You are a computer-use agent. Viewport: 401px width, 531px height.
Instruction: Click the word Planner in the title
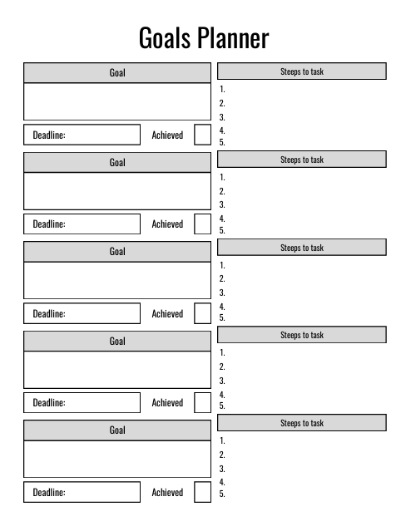point(233,37)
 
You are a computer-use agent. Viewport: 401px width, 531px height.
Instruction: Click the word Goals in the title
point(165,37)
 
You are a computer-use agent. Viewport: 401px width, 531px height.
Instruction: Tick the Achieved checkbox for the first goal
point(203,135)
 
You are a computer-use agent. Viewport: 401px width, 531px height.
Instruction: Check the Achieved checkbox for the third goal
point(203,313)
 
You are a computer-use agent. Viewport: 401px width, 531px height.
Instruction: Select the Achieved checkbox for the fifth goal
point(203,492)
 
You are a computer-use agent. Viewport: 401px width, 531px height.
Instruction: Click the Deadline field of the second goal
point(82,224)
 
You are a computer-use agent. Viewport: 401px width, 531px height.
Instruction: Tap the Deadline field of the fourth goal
point(82,403)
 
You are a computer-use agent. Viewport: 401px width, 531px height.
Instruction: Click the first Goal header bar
point(117,72)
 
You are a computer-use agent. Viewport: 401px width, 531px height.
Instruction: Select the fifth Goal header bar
point(117,430)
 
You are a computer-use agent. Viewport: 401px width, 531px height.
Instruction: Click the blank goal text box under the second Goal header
point(117,191)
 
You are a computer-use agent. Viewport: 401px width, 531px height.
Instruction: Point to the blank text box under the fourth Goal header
point(117,370)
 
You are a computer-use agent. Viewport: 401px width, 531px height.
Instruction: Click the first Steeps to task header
point(302,71)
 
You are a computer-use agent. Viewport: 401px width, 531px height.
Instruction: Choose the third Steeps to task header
point(302,247)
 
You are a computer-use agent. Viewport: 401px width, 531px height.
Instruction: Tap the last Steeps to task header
point(302,423)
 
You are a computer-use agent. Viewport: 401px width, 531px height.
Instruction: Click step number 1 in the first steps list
point(222,89)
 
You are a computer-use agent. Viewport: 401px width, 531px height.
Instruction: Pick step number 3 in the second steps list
point(222,205)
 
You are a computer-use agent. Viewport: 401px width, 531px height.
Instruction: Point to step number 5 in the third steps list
point(222,317)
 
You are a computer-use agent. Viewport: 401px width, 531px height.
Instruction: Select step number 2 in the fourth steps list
point(222,366)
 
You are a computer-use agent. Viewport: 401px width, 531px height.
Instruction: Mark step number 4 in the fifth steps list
point(222,482)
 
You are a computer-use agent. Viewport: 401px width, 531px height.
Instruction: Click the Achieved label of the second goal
point(167,224)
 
